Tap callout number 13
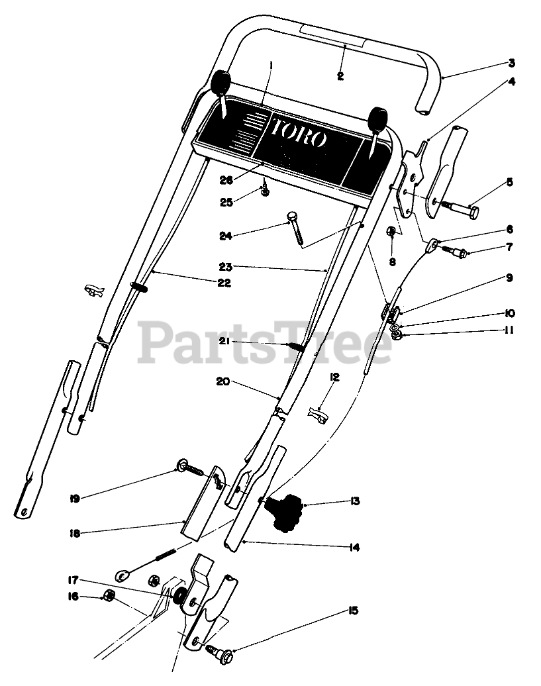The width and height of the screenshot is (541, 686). click(355, 501)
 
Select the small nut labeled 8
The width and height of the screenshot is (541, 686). click(391, 232)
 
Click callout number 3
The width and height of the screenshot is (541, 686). click(511, 64)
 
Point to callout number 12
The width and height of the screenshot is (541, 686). click(335, 377)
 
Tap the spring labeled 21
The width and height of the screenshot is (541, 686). click(295, 346)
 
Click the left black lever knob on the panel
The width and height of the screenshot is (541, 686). click(220, 84)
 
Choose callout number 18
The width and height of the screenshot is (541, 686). click(75, 533)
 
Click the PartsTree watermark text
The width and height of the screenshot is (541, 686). click(265, 342)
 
